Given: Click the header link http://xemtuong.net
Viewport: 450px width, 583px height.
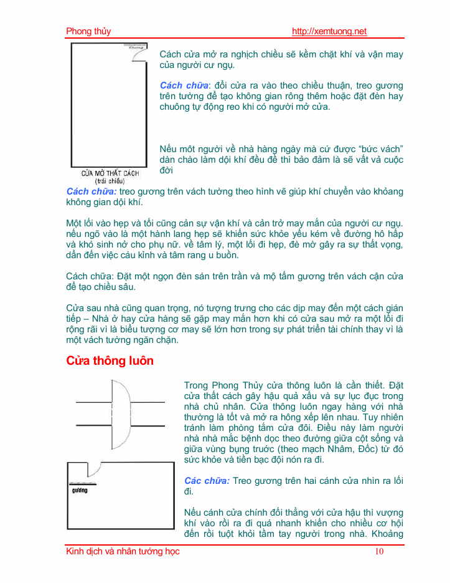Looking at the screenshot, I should click(329, 32).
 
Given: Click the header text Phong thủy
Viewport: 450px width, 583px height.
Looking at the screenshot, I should click(88, 32).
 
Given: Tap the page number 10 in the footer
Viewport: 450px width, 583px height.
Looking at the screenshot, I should click(380, 551).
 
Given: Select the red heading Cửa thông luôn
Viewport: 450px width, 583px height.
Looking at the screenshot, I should click(110, 361).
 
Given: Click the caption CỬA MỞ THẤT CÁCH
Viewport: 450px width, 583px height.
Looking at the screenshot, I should click(110, 173).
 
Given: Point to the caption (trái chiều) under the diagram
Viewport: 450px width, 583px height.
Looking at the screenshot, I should click(110, 181).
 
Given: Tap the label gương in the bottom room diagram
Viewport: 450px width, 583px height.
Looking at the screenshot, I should click(79, 490).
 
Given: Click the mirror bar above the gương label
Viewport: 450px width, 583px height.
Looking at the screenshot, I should click(80, 484).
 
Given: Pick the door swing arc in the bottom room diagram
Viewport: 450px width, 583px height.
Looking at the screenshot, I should click(95, 470).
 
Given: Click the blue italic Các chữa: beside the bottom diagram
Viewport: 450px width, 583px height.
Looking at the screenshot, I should click(207, 481).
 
